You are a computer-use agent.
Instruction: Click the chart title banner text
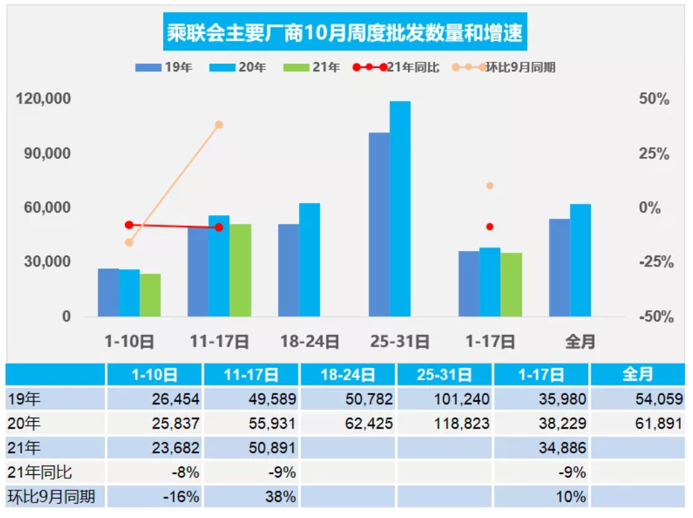coord(344,33)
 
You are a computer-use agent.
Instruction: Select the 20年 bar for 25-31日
coord(400,209)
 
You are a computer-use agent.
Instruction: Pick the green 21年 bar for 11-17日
coord(240,270)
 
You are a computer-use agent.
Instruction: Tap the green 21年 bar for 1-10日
coord(150,295)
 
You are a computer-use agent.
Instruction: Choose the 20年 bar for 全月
coord(580,260)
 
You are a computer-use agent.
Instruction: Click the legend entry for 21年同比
coord(397,67)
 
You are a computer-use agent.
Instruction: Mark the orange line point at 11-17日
coord(219,124)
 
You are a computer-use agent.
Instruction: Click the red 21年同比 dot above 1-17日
coord(490,227)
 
